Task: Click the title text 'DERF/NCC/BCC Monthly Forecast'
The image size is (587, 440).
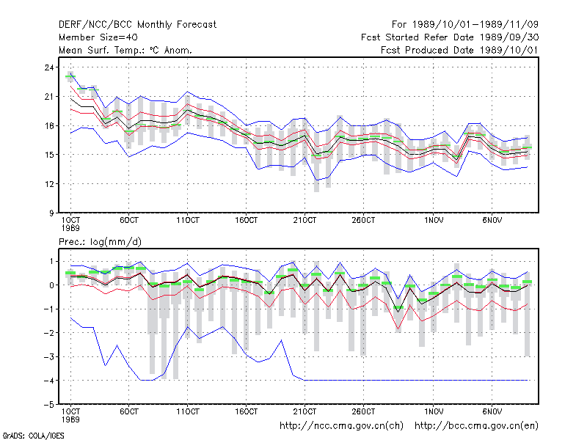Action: (x=137, y=25)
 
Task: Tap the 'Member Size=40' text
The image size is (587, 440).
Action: (x=98, y=37)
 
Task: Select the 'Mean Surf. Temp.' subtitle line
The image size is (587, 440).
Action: (x=125, y=50)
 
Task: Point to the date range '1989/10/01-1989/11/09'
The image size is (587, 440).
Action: (x=475, y=25)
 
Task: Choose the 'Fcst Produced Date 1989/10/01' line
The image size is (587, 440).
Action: (x=459, y=50)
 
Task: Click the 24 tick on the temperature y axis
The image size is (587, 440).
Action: (x=49, y=67)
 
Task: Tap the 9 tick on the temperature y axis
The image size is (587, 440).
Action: (x=51, y=213)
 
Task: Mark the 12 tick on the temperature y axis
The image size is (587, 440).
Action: (x=49, y=184)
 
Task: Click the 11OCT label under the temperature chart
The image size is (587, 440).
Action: (x=188, y=221)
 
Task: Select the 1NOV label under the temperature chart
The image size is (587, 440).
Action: (x=434, y=221)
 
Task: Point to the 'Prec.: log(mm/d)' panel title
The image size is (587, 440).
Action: (x=100, y=242)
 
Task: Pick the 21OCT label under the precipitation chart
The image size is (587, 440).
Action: (x=305, y=411)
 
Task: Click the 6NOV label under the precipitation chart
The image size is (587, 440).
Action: (x=492, y=411)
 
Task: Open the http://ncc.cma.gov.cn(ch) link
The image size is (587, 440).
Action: (x=341, y=426)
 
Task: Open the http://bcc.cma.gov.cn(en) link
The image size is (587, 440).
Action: (x=476, y=426)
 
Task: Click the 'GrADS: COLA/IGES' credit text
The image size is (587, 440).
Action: (x=33, y=436)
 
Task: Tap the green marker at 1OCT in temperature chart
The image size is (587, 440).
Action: (x=70, y=76)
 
